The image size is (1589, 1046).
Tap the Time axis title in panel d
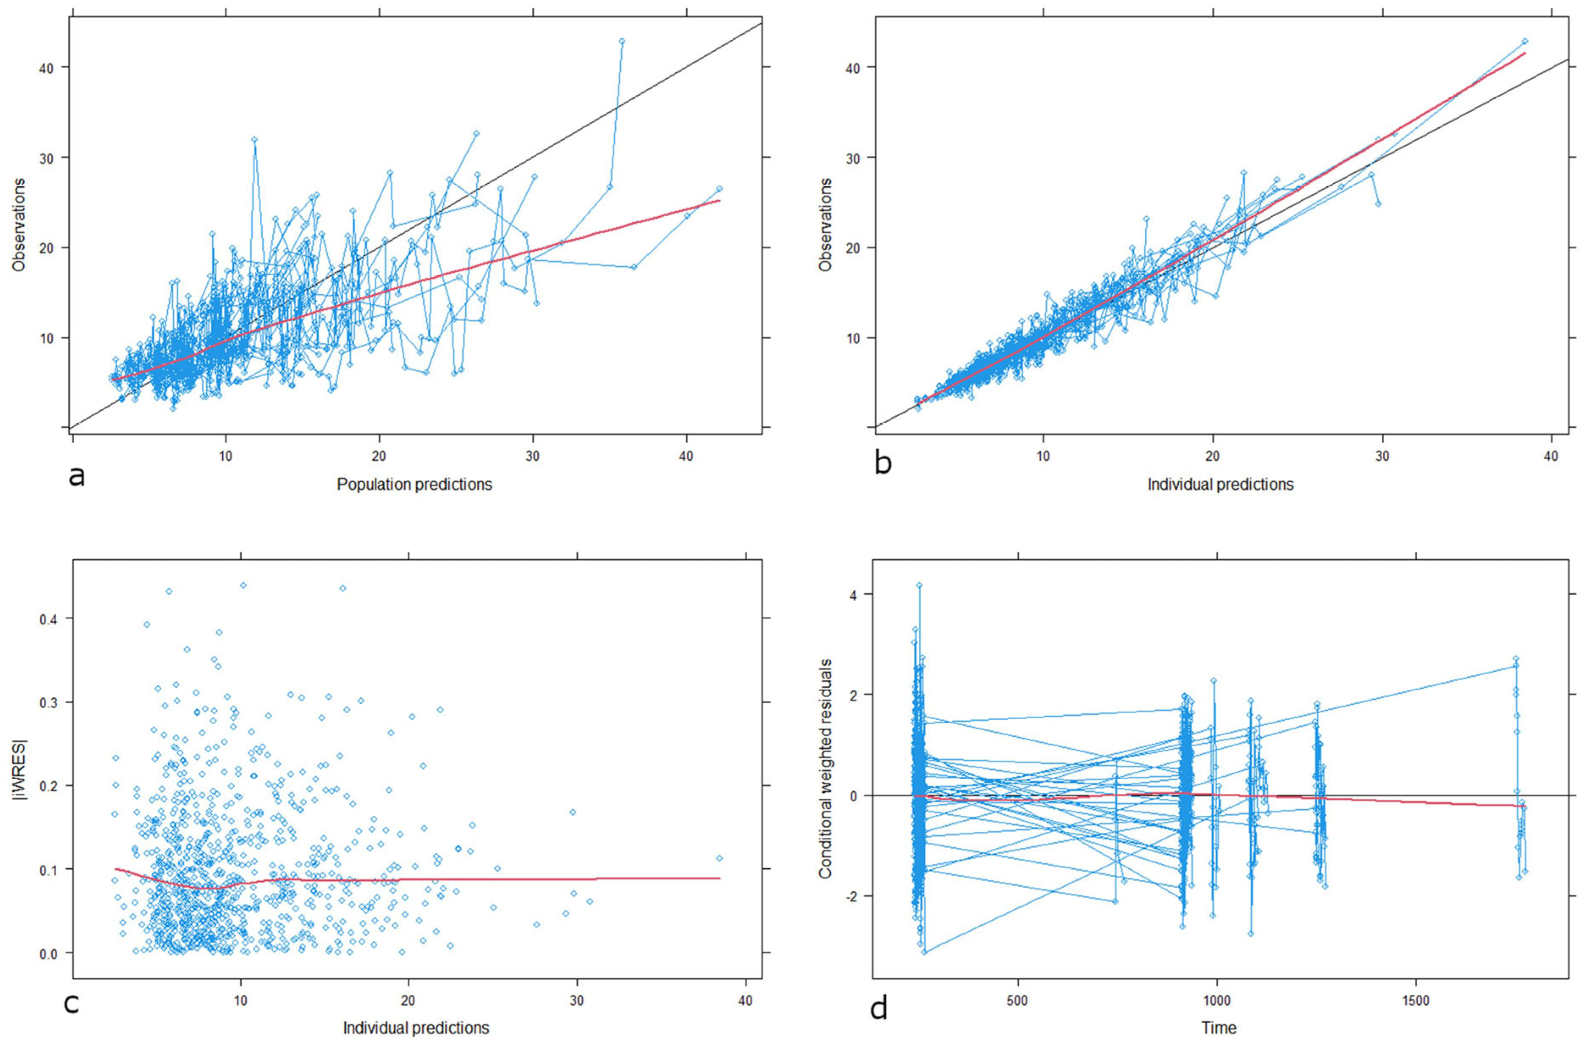coord(1219,1028)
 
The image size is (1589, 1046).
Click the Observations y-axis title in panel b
coord(826,224)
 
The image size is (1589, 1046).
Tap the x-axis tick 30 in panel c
coord(576,1001)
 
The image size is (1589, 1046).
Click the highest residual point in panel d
coord(919,585)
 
